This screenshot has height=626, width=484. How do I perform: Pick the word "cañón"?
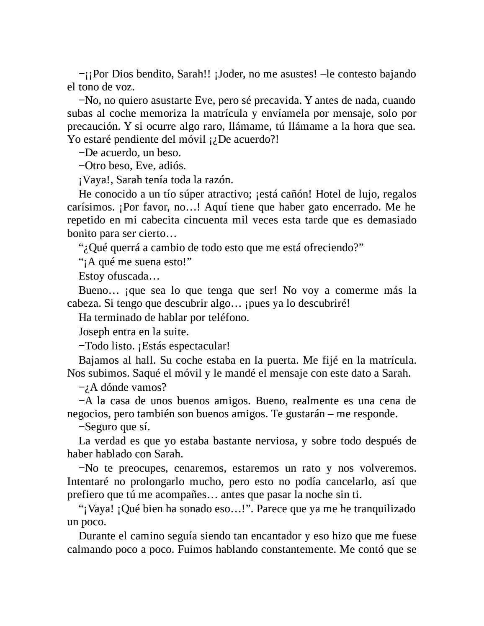(x=294, y=194)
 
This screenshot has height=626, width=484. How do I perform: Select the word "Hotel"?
(x=329, y=194)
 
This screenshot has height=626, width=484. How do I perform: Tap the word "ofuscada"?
(x=128, y=276)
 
